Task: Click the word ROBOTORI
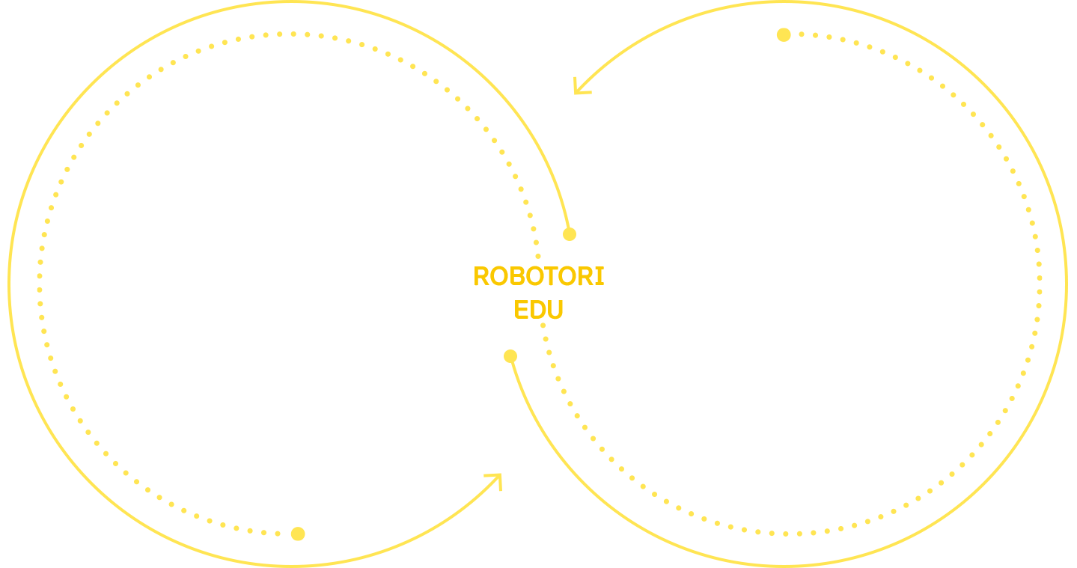click(x=539, y=276)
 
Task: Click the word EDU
click(x=539, y=309)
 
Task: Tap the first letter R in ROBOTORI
click(x=481, y=276)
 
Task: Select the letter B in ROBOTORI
click(x=516, y=276)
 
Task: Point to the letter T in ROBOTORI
click(x=551, y=276)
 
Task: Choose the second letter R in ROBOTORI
click(x=587, y=276)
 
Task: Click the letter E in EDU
click(x=520, y=309)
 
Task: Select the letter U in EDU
click(x=555, y=309)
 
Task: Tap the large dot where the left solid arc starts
click(x=570, y=234)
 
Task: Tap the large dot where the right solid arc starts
click(x=510, y=356)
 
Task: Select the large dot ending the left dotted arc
click(x=298, y=534)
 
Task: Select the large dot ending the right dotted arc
click(x=784, y=34)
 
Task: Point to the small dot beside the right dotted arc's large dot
click(x=802, y=34)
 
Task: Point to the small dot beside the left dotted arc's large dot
click(x=278, y=534)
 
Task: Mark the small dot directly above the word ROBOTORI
click(x=538, y=257)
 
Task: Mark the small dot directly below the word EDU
click(x=543, y=325)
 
